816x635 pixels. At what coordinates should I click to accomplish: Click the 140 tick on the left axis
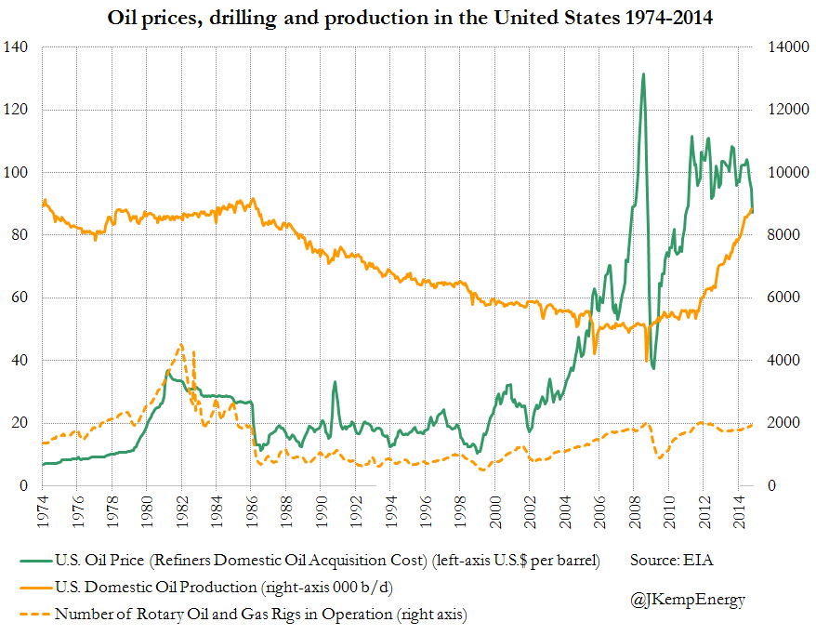18,47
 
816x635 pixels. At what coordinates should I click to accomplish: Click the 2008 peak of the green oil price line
643,74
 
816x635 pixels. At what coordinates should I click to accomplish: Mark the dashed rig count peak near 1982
181,345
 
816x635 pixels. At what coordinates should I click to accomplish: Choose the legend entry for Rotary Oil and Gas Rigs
260,614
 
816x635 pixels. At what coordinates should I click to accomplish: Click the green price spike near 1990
335,382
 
